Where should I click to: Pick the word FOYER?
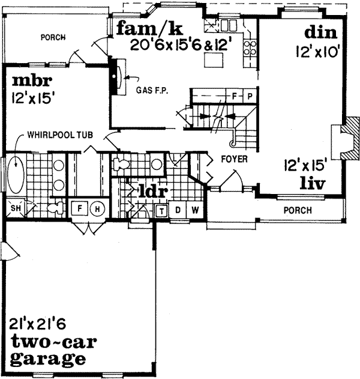231,160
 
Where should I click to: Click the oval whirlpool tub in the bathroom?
17,174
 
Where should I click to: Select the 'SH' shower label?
16,208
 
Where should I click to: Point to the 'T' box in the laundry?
162,211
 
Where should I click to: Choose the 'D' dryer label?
178,211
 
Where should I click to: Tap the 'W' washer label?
194,211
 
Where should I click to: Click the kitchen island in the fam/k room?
212,61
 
